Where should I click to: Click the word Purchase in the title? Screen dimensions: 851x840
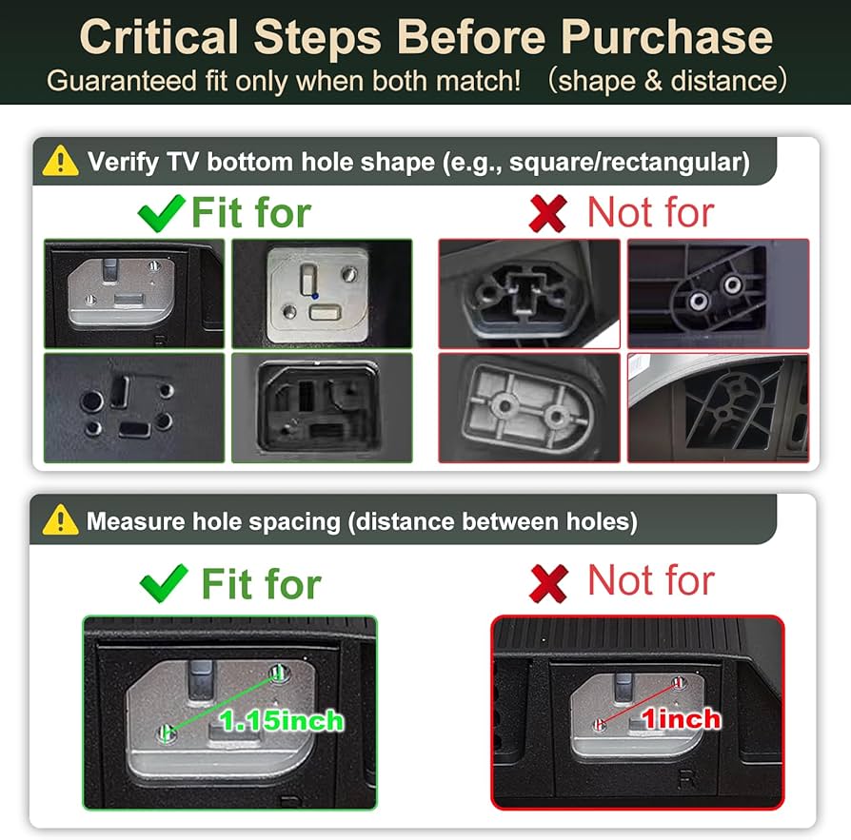coord(666,37)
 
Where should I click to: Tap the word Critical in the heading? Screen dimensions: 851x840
coord(159,37)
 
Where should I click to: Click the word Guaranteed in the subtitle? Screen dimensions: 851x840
coord(122,82)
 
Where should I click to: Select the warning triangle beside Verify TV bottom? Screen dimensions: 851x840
coord(60,161)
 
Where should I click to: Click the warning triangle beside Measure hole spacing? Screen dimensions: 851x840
coord(60,519)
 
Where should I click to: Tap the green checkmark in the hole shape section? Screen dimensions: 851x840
coord(161,212)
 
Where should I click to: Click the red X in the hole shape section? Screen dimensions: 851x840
coord(547,214)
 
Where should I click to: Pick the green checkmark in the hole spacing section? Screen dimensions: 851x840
coord(164,583)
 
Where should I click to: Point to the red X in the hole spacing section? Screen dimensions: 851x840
coord(548,583)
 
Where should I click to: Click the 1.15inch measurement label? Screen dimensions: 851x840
coord(282,721)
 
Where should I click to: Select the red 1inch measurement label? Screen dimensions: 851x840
coord(682,719)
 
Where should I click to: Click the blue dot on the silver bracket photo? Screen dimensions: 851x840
coord(315,296)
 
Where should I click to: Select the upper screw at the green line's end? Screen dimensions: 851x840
coord(279,673)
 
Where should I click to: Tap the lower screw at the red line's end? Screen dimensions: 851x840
coord(600,724)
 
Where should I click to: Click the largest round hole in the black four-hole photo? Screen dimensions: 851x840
coord(91,401)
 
